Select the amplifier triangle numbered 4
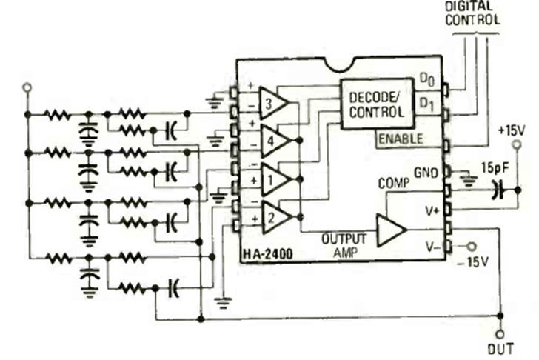click(x=275, y=140)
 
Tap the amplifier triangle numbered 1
click(x=275, y=179)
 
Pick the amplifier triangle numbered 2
click(x=275, y=216)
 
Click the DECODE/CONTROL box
click(x=377, y=104)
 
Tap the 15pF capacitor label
click(x=495, y=167)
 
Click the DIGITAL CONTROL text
click(x=472, y=13)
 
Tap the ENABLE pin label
click(x=401, y=139)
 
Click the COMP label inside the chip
click(x=393, y=182)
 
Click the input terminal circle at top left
click(x=27, y=87)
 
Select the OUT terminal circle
click(x=500, y=333)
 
